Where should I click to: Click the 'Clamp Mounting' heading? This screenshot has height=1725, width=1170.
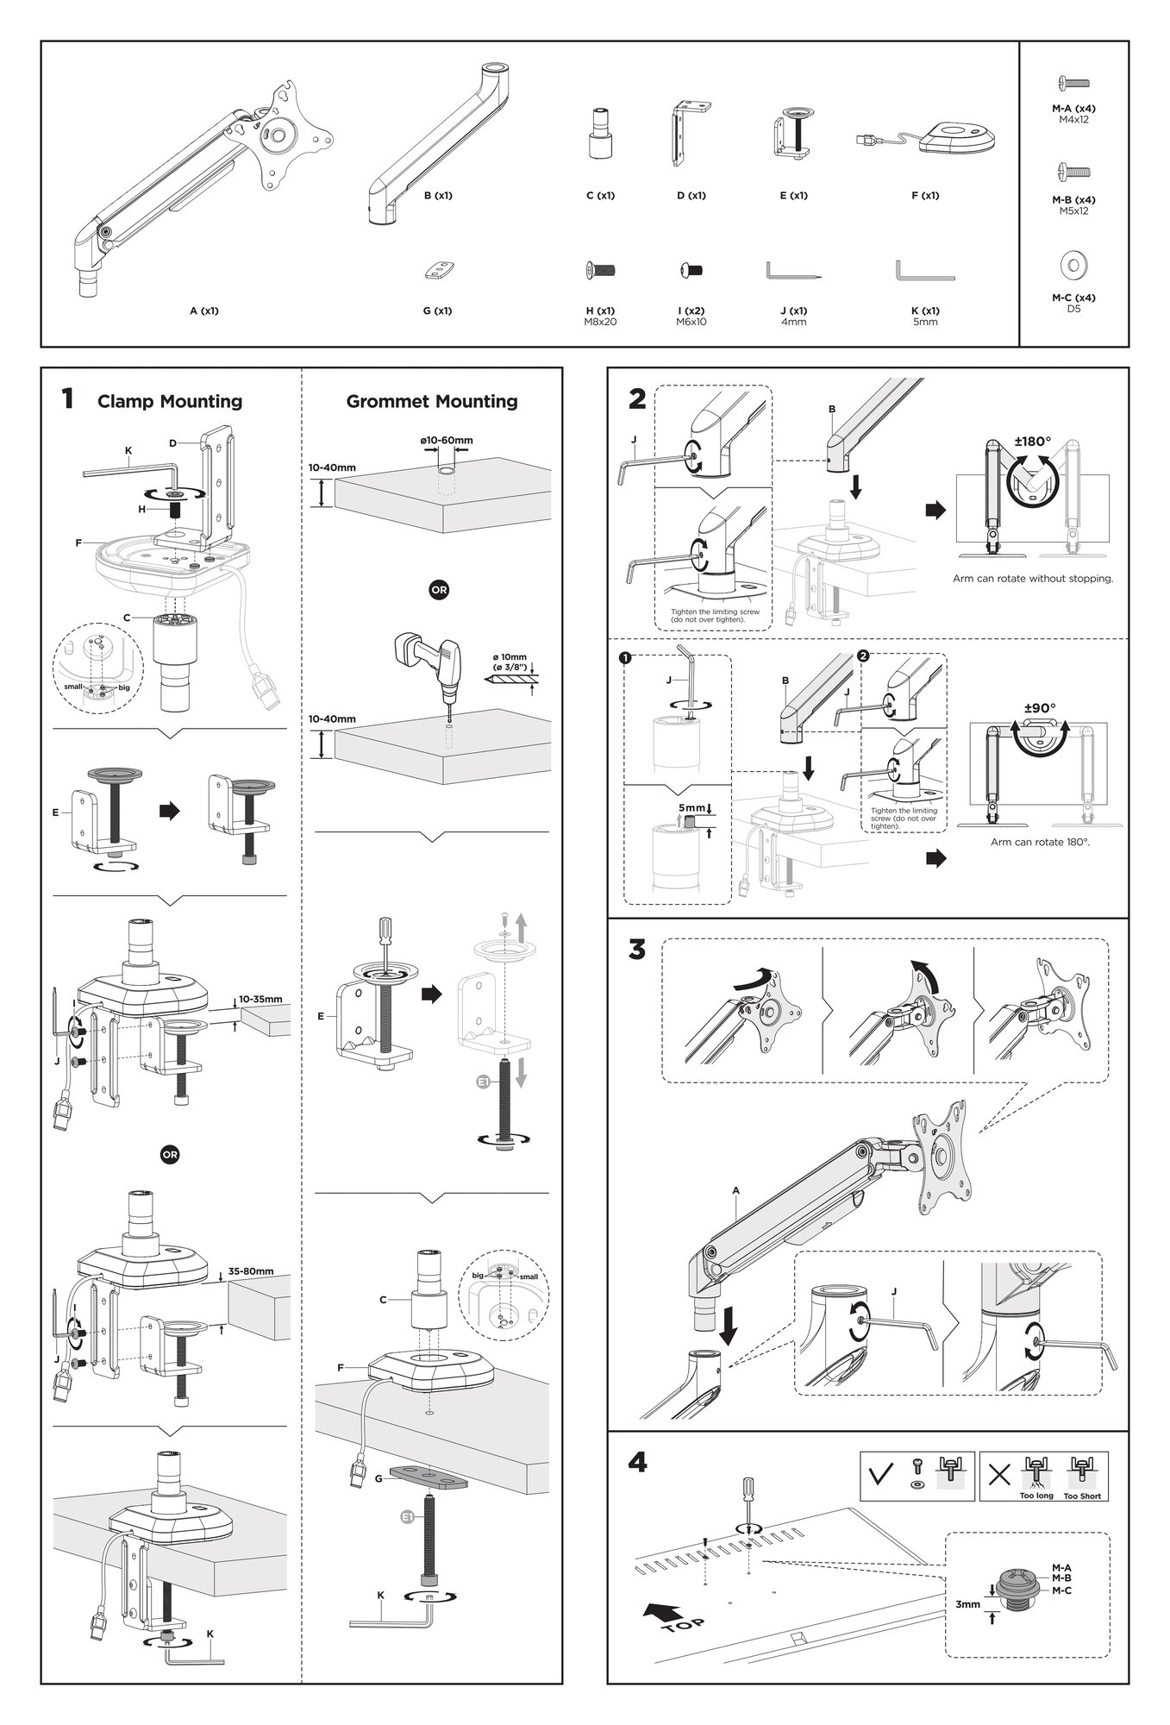click(169, 401)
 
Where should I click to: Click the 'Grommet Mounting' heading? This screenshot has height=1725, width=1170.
click(431, 401)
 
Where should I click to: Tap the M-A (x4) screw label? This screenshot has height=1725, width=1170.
click(1073, 109)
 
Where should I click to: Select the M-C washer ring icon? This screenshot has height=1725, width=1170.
click(1073, 264)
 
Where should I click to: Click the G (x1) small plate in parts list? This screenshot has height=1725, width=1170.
click(439, 271)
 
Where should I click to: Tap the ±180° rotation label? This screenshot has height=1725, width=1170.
click(1032, 442)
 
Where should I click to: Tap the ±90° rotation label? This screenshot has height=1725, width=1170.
click(1040, 708)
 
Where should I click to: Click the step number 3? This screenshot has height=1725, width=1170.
click(637, 950)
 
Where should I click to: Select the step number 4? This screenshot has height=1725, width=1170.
click(637, 1463)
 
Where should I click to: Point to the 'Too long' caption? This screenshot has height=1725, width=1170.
click(1035, 1496)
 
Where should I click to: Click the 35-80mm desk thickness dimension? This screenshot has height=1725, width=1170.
click(251, 1270)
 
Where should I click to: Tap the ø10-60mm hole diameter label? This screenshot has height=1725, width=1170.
click(447, 441)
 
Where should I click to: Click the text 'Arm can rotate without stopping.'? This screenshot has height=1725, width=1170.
click(1032, 579)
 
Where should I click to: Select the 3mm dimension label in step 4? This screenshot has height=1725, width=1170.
click(967, 1604)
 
